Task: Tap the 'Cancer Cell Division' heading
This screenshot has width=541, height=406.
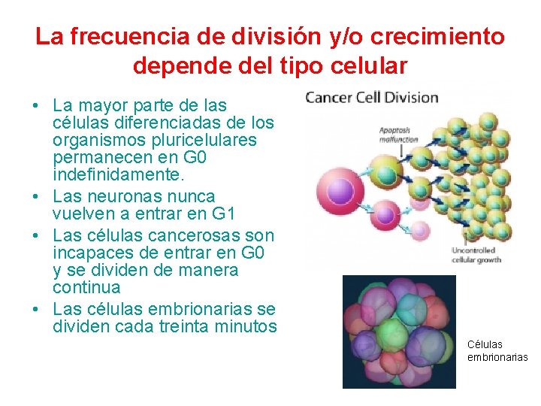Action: coord(372,97)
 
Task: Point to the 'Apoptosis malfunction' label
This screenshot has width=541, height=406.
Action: coord(399,134)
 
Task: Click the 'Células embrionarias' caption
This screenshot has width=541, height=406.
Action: coord(497,351)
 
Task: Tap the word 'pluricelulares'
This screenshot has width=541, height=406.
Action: coord(205,141)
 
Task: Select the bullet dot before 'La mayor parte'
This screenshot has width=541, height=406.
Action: coord(37,105)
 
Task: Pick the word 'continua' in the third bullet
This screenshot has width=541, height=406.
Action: coord(86,287)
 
